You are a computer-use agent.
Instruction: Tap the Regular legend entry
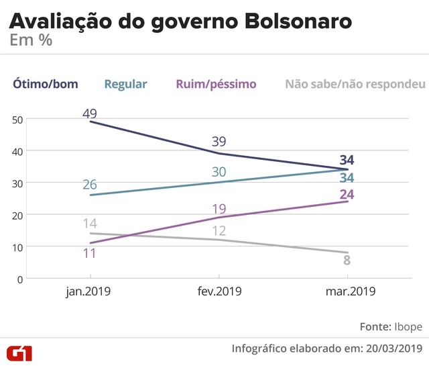click(x=125, y=84)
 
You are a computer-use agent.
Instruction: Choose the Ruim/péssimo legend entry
click(x=217, y=84)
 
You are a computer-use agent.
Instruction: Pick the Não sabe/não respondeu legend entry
click(x=355, y=84)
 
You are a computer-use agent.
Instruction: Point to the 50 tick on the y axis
click(x=18, y=119)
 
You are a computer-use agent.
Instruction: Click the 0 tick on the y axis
click(x=21, y=278)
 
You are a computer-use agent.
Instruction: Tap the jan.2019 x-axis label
click(x=88, y=292)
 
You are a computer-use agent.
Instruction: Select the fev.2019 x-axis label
click(x=218, y=292)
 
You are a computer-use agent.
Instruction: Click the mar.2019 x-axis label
click(x=347, y=292)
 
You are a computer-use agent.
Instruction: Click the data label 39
click(x=218, y=142)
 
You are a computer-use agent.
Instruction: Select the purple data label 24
click(x=347, y=195)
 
